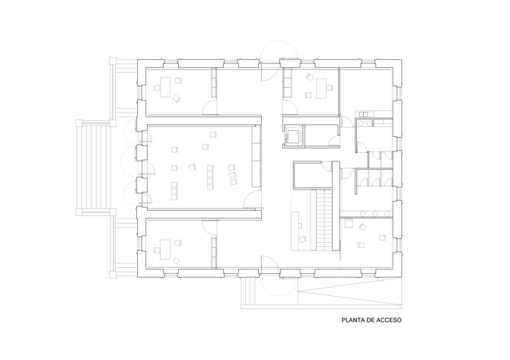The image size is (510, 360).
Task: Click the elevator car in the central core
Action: (x=293, y=136)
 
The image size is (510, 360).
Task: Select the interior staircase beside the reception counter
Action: (x=324, y=220)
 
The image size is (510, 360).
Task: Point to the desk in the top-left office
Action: (x=165, y=88)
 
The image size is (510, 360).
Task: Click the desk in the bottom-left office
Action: (x=165, y=250)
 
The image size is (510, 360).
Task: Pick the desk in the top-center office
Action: (x=321, y=88)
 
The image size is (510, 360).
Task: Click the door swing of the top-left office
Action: (x=209, y=107)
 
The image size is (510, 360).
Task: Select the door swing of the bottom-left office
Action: (x=209, y=227)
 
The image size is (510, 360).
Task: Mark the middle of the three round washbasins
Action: (x=375, y=214)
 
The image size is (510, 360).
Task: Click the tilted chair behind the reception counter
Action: (x=303, y=239)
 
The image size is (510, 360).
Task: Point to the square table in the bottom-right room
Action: (x=349, y=224)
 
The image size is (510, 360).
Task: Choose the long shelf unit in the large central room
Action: (x=257, y=157)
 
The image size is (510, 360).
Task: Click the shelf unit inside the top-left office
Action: (x=214, y=83)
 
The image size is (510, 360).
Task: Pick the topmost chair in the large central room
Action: (x=213, y=134)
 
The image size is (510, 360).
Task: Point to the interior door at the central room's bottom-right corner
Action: (x=253, y=199)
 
